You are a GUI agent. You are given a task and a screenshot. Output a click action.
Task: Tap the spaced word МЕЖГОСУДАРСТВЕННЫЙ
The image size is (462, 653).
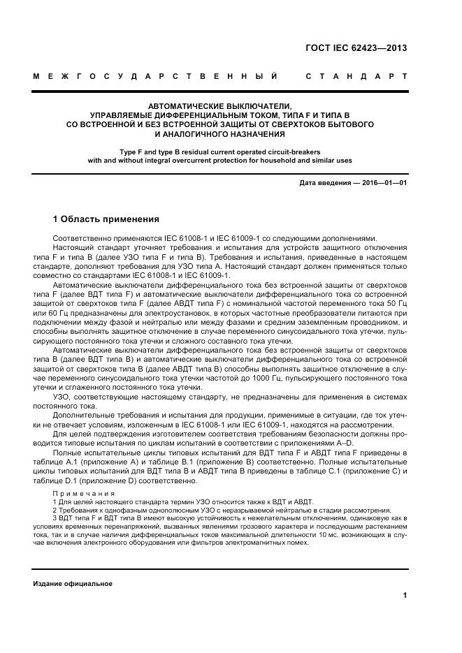click(156, 75)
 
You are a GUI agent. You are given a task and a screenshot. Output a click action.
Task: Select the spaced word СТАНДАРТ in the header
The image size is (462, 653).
click(356, 75)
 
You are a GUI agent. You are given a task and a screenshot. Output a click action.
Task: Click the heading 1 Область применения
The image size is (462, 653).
click(106, 218)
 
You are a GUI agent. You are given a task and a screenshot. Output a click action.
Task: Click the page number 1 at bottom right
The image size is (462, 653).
click(405, 595)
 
